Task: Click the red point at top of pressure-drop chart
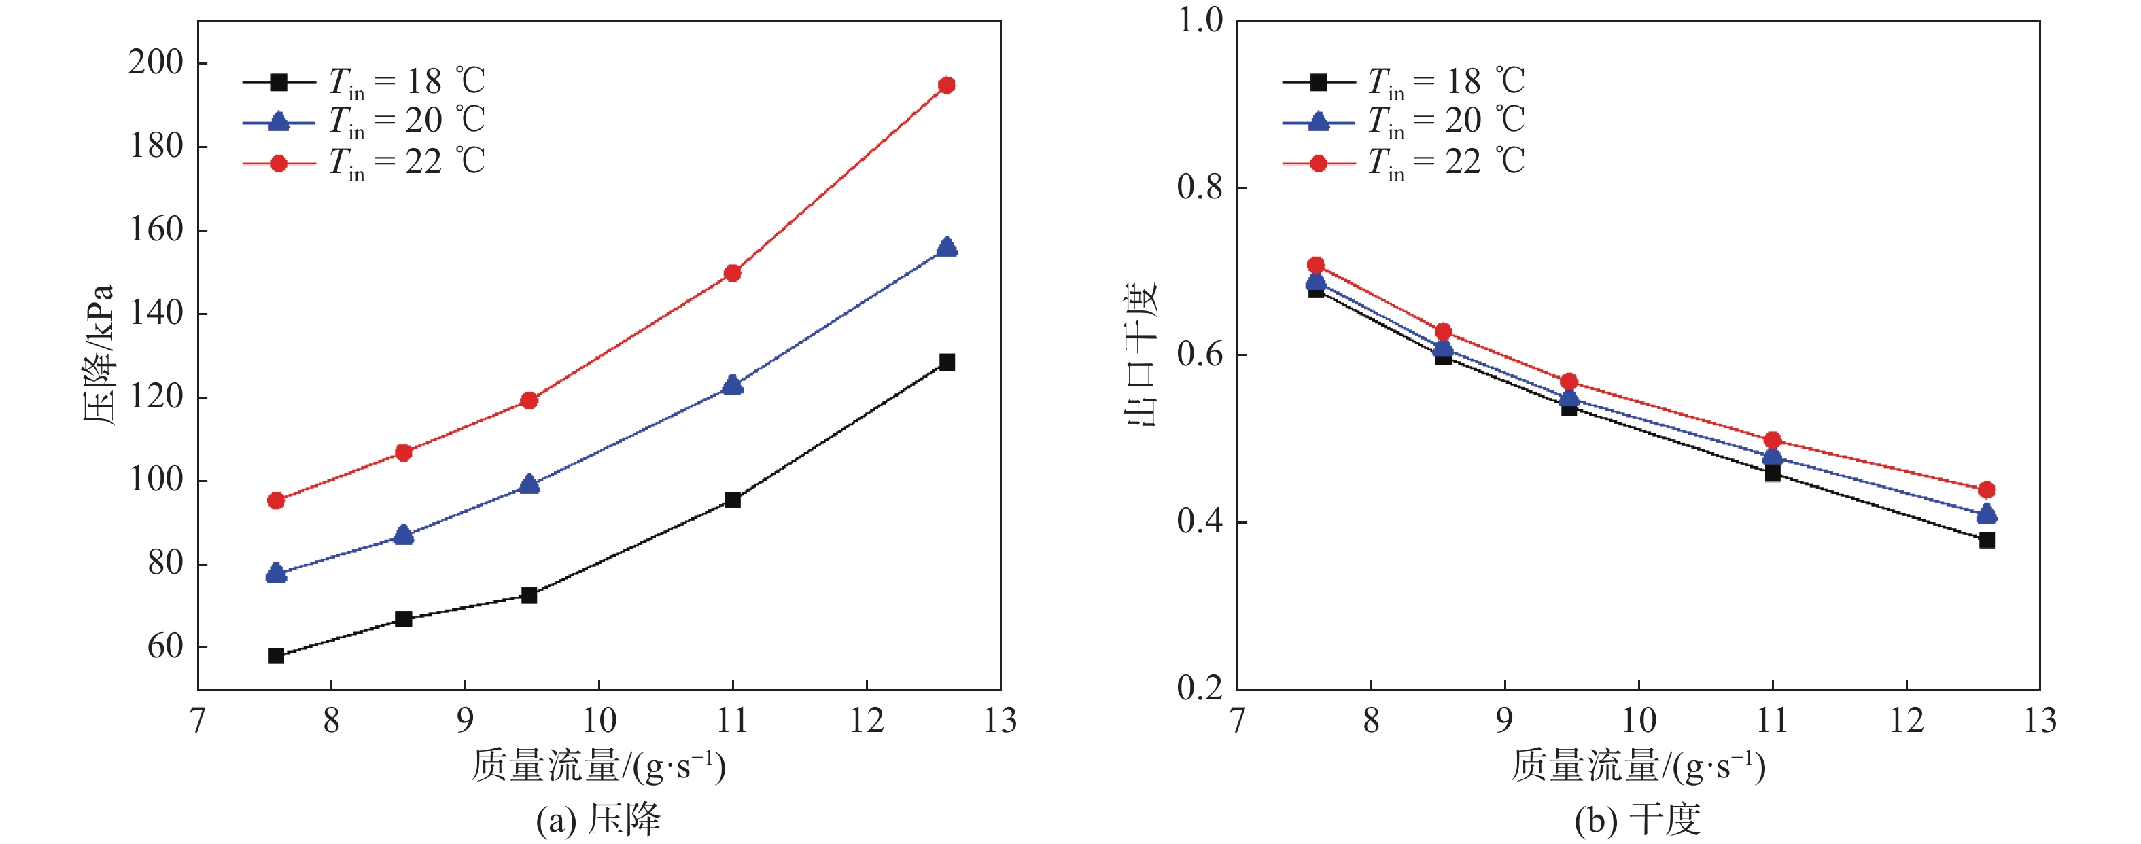pyautogui.click(x=946, y=85)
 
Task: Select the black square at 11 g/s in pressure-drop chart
pyautogui.click(x=732, y=499)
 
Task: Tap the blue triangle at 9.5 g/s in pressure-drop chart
pyautogui.click(x=529, y=483)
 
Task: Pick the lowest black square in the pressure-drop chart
pyautogui.click(x=276, y=655)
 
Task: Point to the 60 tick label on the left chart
pyautogui.click(x=164, y=646)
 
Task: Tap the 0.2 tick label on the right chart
pyautogui.click(x=1200, y=688)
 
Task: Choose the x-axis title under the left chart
pyautogui.click(x=598, y=766)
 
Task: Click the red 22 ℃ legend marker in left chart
pyautogui.click(x=279, y=164)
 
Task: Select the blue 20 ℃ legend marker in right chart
pyautogui.click(x=1318, y=122)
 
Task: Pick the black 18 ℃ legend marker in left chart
pyautogui.click(x=279, y=82)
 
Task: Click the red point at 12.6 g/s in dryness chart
pyautogui.click(x=1987, y=490)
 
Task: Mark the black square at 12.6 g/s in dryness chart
pyautogui.click(x=1987, y=540)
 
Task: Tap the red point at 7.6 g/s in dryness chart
pyautogui.click(x=1316, y=265)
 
